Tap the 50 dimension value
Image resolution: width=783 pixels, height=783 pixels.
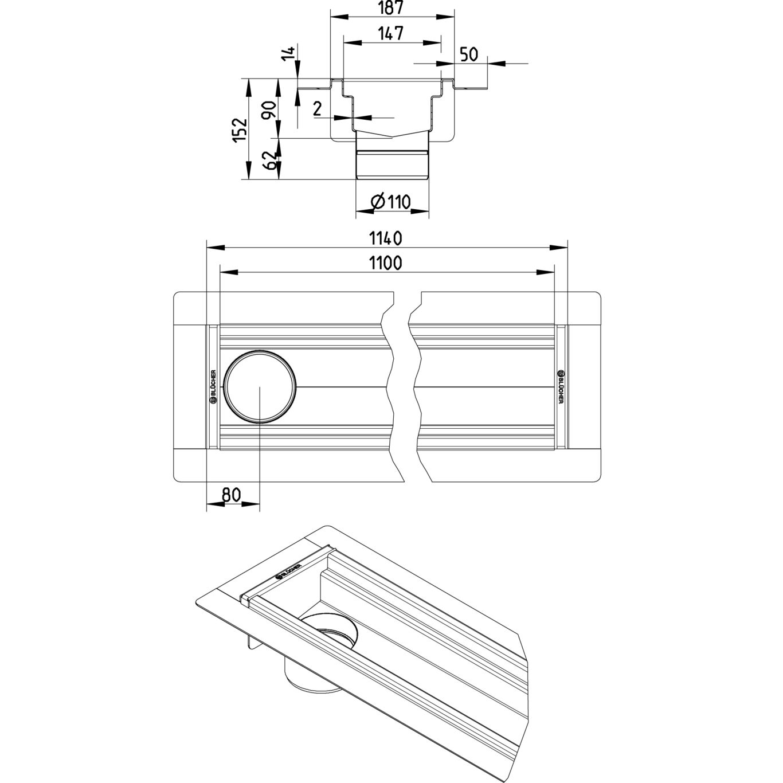pyautogui.click(x=469, y=54)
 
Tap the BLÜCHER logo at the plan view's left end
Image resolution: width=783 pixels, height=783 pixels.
pyautogui.click(x=213, y=387)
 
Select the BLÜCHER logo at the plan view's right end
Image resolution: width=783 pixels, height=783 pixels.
pyautogui.click(x=560, y=387)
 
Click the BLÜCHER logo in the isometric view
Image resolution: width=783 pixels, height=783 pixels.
pyautogui.click(x=288, y=570)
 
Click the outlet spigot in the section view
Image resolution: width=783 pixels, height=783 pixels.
pyautogui.click(x=392, y=164)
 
